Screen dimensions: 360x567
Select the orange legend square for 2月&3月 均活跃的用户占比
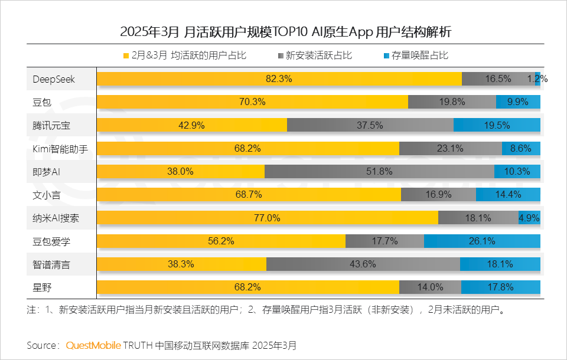click(x=126, y=56)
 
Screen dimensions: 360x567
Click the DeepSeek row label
click(x=54, y=78)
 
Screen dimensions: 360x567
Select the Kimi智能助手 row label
click(x=60, y=148)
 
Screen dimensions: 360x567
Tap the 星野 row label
click(x=43, y=287)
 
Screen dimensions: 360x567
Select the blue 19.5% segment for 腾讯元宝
click(x=497, y=125)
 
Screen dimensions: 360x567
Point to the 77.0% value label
click(x=267, y=218)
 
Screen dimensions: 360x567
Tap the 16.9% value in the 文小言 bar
click(x=439, y=195)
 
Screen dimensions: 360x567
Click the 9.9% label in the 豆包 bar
click(x=517, y=102)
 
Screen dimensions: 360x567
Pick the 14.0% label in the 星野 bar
click(x=430, y=287)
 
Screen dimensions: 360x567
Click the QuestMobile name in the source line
click(x=93, y=345)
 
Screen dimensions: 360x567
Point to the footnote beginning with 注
click(x=266, y=309)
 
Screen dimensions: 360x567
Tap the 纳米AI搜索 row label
click(x=56, y=218)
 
